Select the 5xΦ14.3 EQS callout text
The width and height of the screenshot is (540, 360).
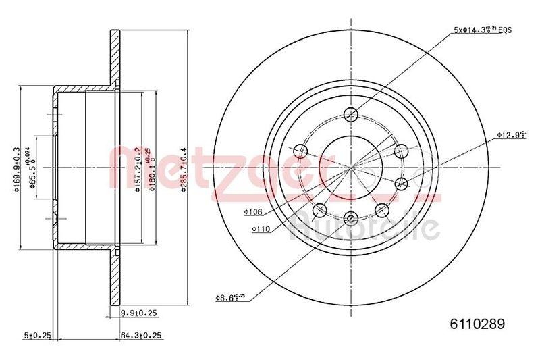tap(483, 28)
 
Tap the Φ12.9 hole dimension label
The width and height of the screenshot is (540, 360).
tap(510, 134)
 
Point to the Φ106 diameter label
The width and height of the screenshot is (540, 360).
tap(253, 212)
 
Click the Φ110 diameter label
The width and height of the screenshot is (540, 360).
tap(261, 230)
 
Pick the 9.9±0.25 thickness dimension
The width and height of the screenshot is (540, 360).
tap(138, 312)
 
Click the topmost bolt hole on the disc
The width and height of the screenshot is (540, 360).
tap(350, 114)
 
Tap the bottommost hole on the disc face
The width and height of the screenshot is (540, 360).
tap(350, 217)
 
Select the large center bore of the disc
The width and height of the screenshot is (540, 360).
tap(350, 166)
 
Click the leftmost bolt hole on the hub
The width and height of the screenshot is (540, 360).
tap(302, 150)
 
